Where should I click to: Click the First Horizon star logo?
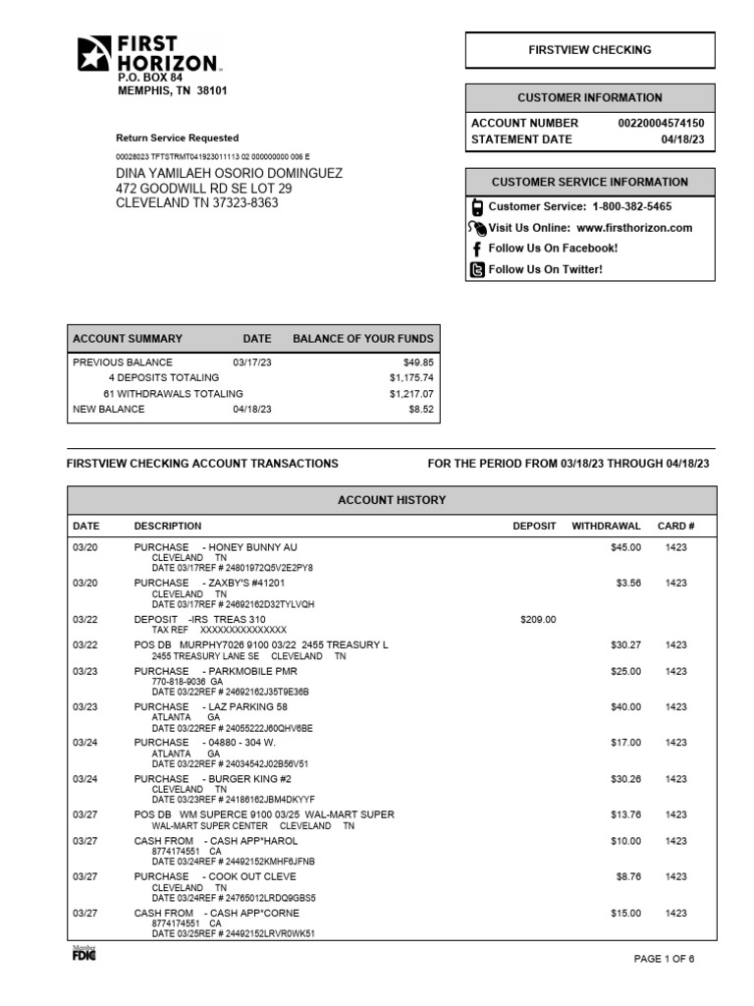coord(96,54)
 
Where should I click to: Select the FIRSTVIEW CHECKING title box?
coord(590,50)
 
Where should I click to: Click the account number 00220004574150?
coord(661,124)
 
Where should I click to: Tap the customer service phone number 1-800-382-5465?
coord(632,207)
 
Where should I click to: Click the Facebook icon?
coord(477,249)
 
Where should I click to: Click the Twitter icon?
coord(477,270)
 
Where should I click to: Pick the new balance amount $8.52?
coord(420,410)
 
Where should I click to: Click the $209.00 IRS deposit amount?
coord(537,620)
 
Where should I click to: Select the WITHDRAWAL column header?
coord(606,527)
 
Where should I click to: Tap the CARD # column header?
coord(675,527)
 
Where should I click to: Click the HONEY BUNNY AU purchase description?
coord(215,547)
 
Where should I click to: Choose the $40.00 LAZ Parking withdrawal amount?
coord(624,707)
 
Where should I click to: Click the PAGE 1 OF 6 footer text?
coord(665,960)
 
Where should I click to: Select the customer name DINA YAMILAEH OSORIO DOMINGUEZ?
coord(229,173)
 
